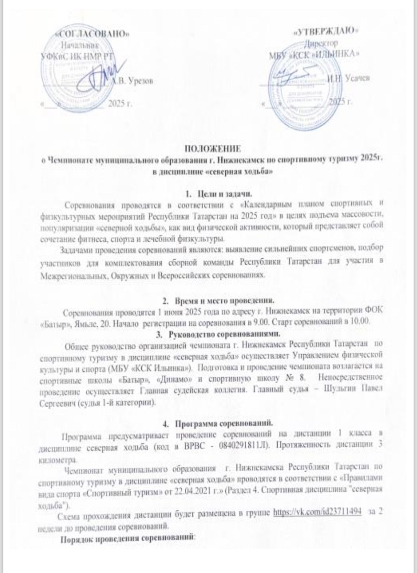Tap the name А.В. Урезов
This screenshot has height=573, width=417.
(132, 81)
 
